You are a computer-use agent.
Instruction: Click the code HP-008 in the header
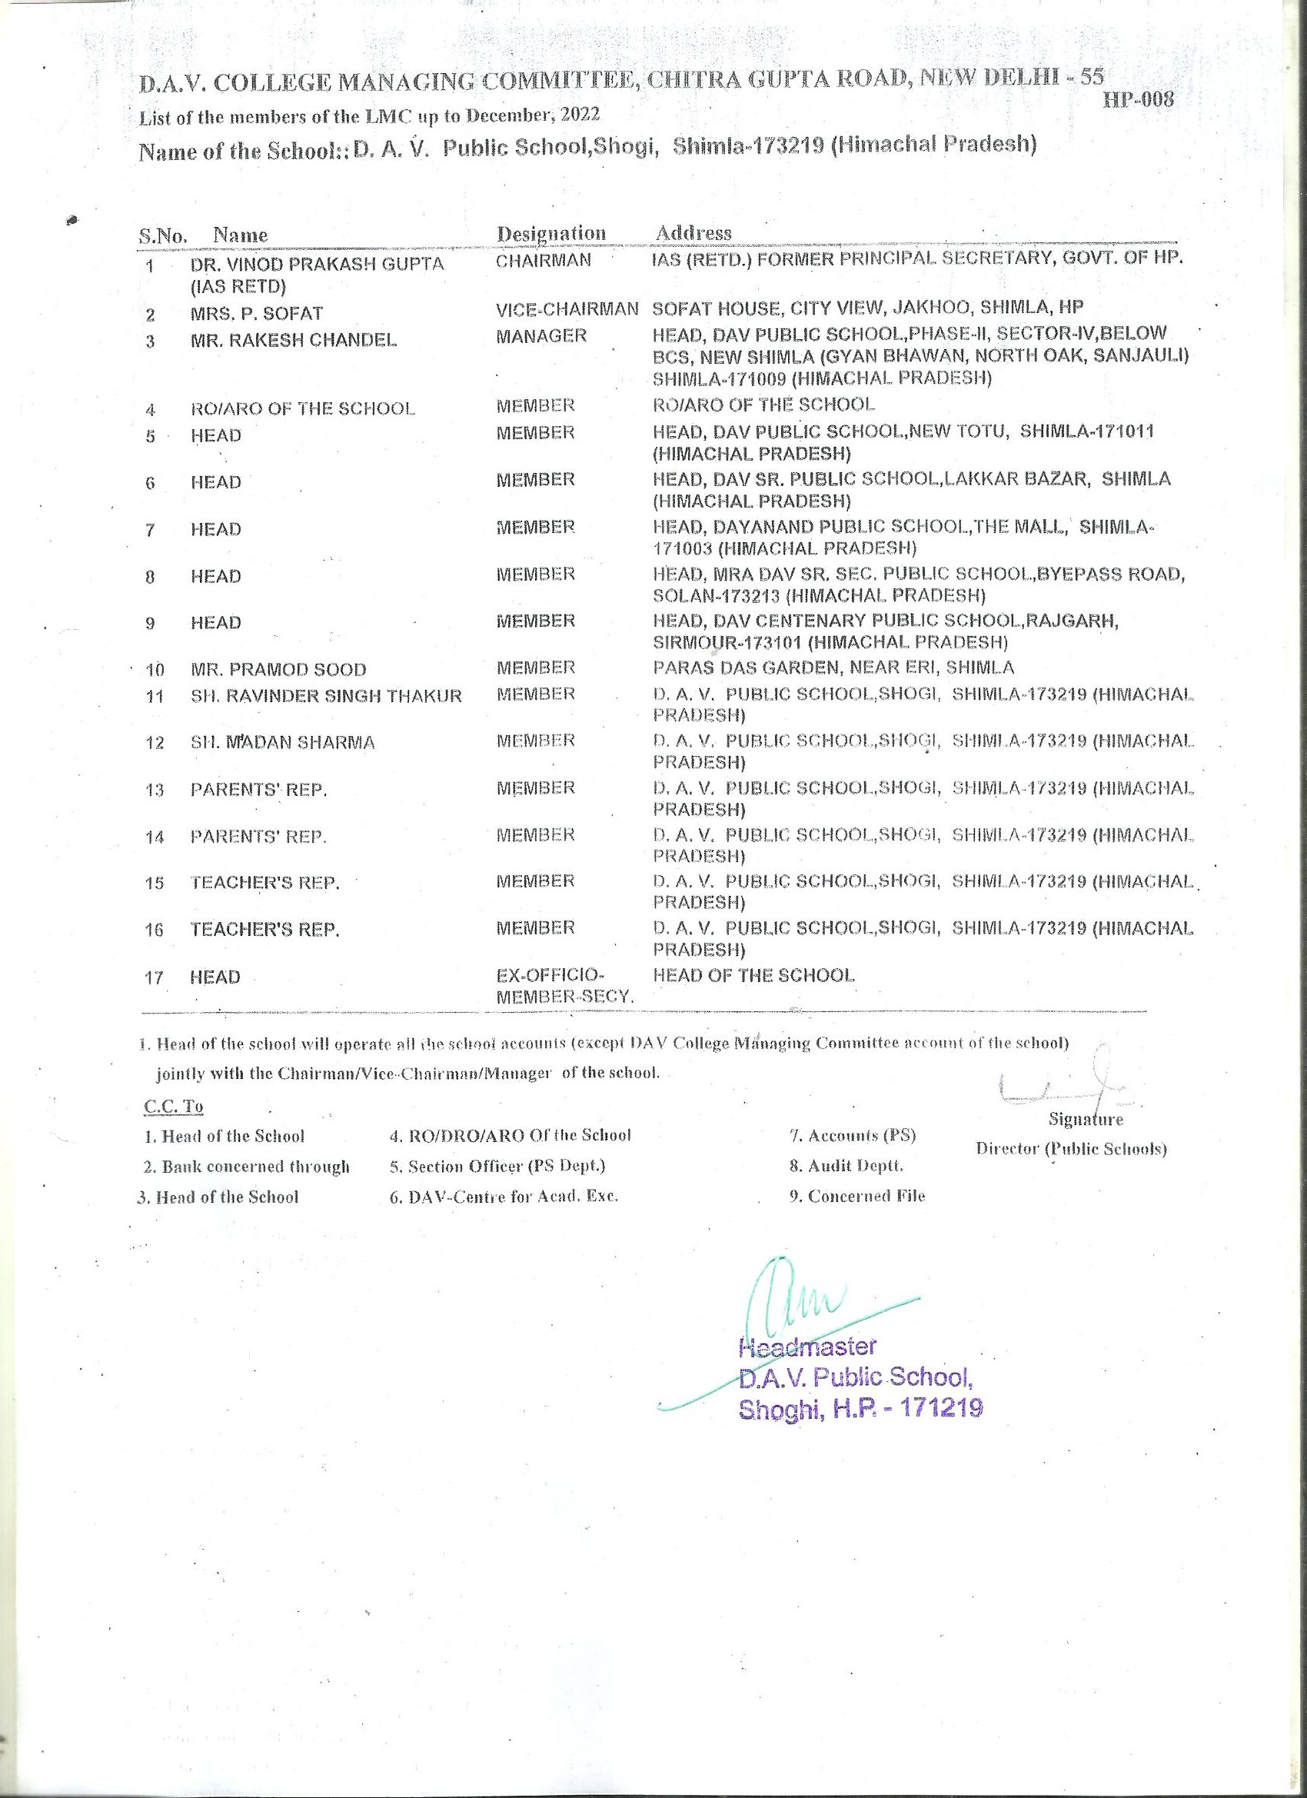coord(1138,100)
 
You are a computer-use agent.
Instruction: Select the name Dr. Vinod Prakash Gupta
coord(317,264)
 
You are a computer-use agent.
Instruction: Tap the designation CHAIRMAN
coord(544,260)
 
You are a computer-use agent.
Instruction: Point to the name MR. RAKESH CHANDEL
coord(293,340)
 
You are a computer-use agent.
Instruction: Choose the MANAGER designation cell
coord(541,336)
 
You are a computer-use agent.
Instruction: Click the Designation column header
coord(550,233)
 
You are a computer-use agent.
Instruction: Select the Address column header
coord(693,233)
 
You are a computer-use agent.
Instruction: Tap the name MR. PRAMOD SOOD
coord(278,670)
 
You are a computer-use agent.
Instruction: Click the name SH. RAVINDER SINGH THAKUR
coord(326,697)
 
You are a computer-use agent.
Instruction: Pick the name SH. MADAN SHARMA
coord(282,744)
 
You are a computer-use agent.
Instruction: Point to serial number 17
coord(154,978)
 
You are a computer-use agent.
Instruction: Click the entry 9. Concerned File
coord(856,1197)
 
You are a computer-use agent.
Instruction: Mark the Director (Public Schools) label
coord(1071,1149)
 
